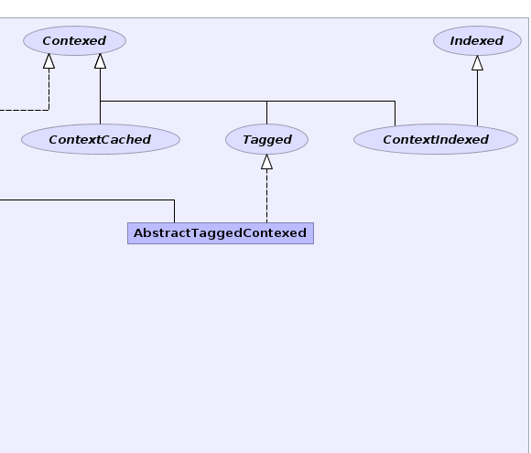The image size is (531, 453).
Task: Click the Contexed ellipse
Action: [74, 40]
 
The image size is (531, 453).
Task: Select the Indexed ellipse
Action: [477, 40]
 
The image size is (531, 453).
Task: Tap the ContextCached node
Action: [101, 139]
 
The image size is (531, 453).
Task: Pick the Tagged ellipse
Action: [266, 139]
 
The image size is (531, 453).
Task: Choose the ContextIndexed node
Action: [436, 139]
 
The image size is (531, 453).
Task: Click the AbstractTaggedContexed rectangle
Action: [221, 233]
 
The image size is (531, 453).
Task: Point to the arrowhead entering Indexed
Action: [478, 63]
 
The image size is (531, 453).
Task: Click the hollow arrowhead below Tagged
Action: [266, 162]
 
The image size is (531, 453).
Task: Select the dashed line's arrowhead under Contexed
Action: [49, 61]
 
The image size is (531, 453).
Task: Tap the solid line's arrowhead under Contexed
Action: [100, 61]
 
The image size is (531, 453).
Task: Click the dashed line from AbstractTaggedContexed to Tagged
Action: [266, 196]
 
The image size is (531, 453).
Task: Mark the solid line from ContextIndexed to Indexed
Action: [478, 98]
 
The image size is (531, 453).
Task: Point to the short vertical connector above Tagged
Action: [266, 113]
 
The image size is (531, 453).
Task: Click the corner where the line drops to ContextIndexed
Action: [395, 101]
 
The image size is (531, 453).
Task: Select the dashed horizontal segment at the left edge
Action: [25, 110]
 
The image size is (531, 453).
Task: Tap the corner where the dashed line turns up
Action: [49, 110]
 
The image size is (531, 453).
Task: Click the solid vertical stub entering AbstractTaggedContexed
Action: [174, 211]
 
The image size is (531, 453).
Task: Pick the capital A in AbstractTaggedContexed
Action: [139, 233]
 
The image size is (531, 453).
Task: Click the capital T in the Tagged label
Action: [247, 139]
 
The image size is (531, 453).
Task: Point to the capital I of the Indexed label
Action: [453, 40]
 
